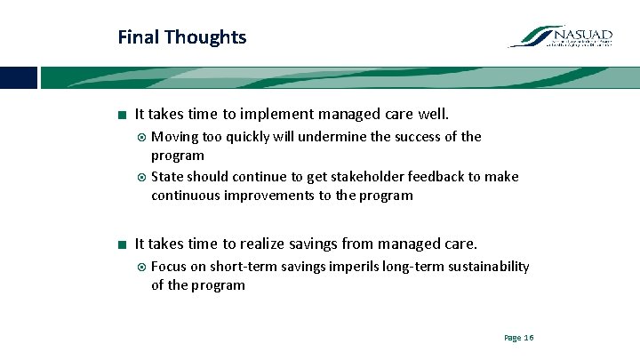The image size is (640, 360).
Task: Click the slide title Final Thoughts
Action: [182, 37]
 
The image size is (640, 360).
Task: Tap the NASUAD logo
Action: [561, 37]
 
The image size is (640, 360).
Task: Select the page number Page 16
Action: [518, 338]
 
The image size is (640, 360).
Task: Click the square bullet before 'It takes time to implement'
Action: [120, 115]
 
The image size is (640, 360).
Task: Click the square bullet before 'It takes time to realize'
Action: [120, 244]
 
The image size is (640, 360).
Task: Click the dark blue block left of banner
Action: [18, 77]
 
